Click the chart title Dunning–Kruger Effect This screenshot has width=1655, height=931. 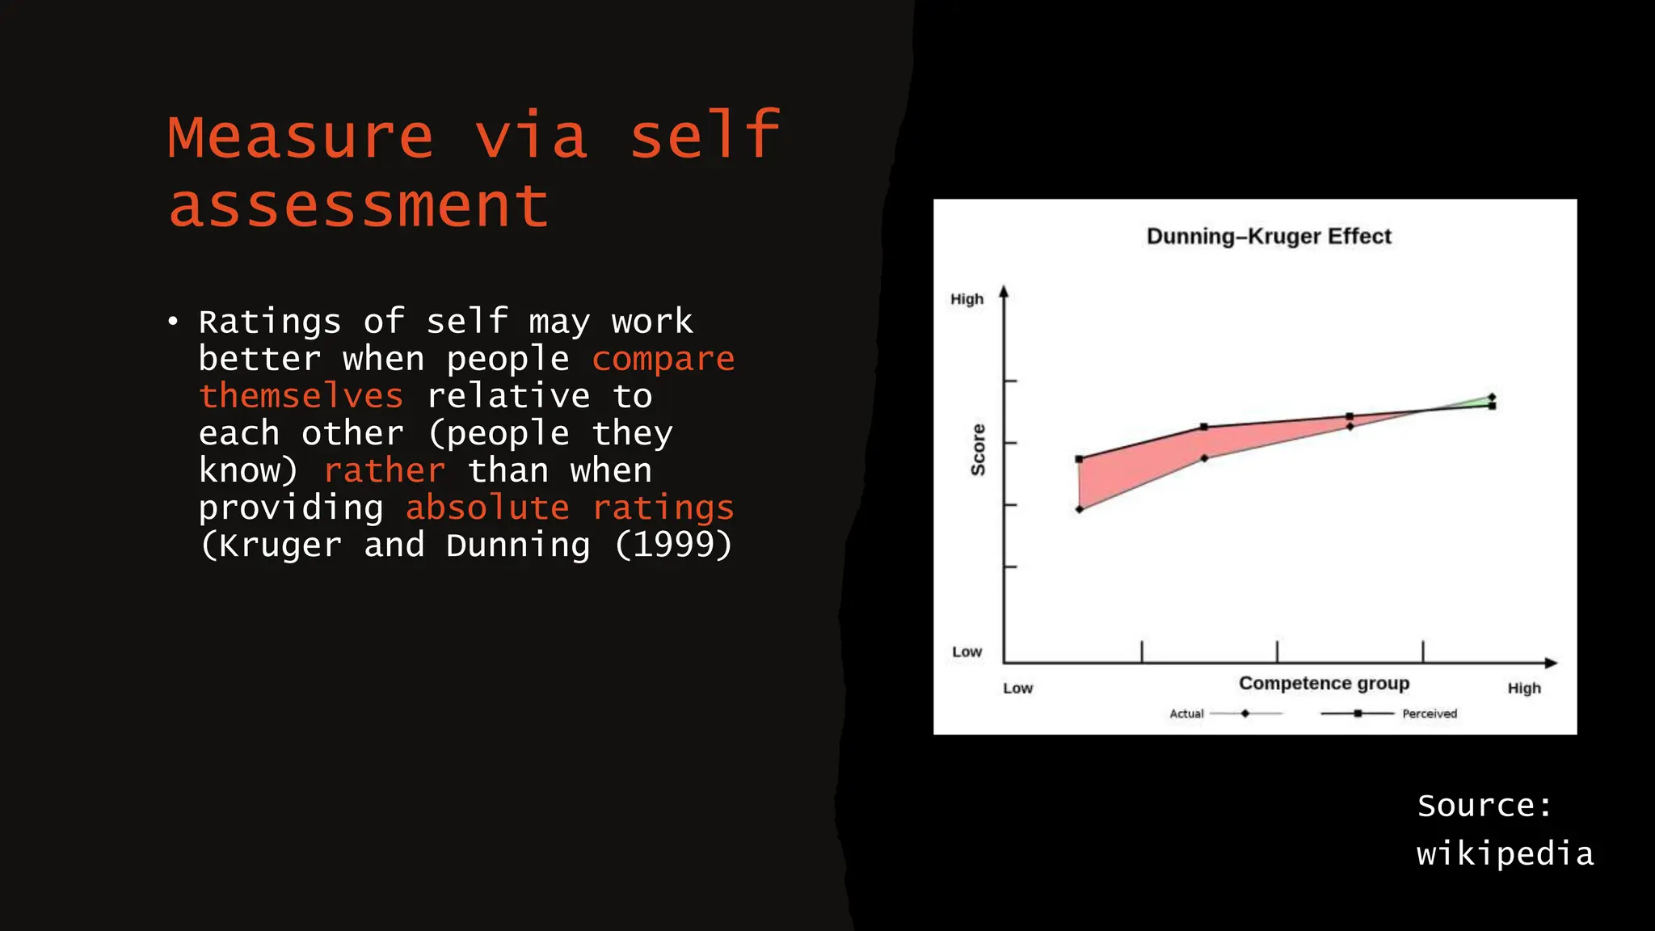(1269, 236)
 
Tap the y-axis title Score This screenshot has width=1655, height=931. (978, 449)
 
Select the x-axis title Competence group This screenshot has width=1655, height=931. (1324, 684)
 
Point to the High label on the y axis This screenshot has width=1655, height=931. (966, 299)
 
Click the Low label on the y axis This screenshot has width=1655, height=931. (966, 651)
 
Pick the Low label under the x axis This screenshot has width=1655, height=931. (1017, 689)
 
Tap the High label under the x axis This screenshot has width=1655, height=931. (1523, 689)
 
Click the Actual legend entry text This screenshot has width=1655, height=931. (1186, 714)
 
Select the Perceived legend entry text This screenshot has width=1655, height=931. (1429, 714)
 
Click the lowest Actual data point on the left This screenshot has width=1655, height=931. (1080, 509)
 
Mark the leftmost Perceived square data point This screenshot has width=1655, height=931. (1080, 459)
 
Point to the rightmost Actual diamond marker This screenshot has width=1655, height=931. (1492, 397)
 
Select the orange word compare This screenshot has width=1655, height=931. (663, 359)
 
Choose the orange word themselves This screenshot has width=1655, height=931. (301, 396)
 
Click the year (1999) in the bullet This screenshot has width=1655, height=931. (673, 545)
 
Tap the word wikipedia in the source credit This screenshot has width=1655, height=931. (1505, 853)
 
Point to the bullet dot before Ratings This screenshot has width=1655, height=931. (173, 322)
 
